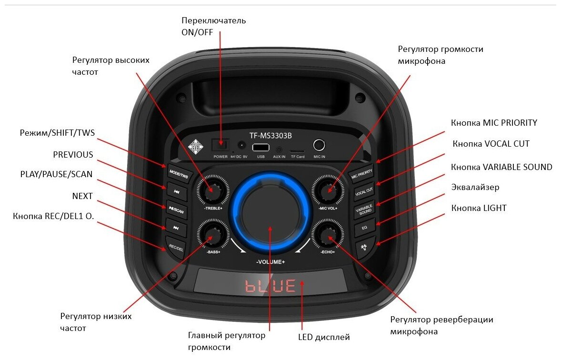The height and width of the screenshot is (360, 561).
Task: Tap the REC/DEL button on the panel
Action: click(176, 248)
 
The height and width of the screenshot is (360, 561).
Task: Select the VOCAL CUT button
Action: click(363, 191)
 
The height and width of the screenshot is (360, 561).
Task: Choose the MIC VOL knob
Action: click(329, 190)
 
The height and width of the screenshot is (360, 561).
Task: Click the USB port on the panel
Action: click(260, 147)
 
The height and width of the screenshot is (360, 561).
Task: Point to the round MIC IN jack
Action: click(319, 145)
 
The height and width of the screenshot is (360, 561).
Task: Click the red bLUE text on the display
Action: click(270, 286)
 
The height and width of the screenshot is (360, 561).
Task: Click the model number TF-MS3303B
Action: click(270, 135)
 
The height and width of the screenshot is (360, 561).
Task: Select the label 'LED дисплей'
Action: click(324, 337)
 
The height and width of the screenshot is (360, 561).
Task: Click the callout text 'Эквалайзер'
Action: click(475, 187)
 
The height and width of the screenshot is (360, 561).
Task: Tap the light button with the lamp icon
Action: click(365, 248)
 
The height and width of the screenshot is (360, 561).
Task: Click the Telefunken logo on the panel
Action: click(195, 145)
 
